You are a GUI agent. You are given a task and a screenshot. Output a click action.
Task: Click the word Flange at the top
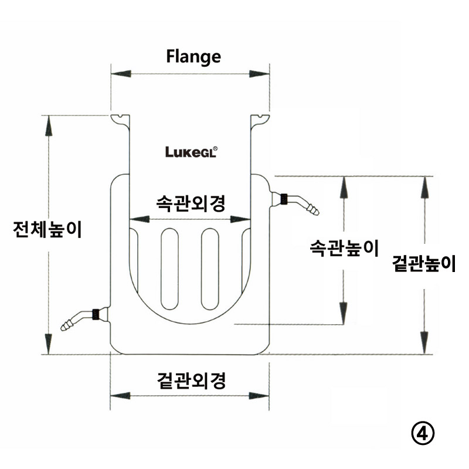tap(193, 57)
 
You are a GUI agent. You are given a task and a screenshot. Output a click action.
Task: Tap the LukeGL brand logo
tap(192, 152)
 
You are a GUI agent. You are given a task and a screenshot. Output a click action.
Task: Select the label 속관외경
tap(191, 203)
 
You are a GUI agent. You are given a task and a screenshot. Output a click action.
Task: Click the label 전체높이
tap(47, 229)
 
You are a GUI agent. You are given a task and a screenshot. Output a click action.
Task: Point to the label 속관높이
tap(344, 248)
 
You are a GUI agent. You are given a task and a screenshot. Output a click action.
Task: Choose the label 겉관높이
tap(424, 263)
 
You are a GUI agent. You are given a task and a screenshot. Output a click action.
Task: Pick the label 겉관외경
tap(191, 380)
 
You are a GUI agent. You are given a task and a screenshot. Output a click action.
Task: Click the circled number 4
tap(423, 433)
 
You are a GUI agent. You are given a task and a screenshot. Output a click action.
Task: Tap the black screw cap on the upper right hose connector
tap(284, 199)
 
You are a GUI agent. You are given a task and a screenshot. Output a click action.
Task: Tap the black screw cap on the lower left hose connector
tap(96, 314)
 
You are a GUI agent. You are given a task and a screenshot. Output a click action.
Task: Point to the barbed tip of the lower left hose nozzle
tap(66, 325)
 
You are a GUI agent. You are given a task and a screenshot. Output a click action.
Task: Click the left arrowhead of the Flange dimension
tap(121, 74)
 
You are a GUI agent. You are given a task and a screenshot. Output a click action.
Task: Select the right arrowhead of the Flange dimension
tap(259, 74)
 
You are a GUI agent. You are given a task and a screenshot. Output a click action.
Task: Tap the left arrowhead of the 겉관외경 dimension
tap(120, 396)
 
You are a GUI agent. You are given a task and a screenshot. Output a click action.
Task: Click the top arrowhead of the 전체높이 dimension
tap(49, 125)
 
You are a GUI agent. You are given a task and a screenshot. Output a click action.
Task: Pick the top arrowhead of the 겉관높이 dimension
tap(424, 187)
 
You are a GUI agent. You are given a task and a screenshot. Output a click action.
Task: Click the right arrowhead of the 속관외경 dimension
tap(240, 219)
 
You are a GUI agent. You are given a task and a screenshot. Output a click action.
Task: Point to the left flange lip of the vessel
tap(120, 121)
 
